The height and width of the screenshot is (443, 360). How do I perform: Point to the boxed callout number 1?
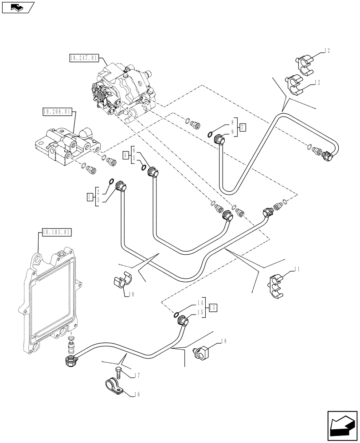point(90,195)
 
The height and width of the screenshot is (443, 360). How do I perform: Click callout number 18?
point(223,342)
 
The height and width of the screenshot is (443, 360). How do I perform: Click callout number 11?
point(295,268)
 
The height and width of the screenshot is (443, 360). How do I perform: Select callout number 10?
point(131,294)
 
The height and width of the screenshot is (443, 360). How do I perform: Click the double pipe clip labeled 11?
point(277,284)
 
